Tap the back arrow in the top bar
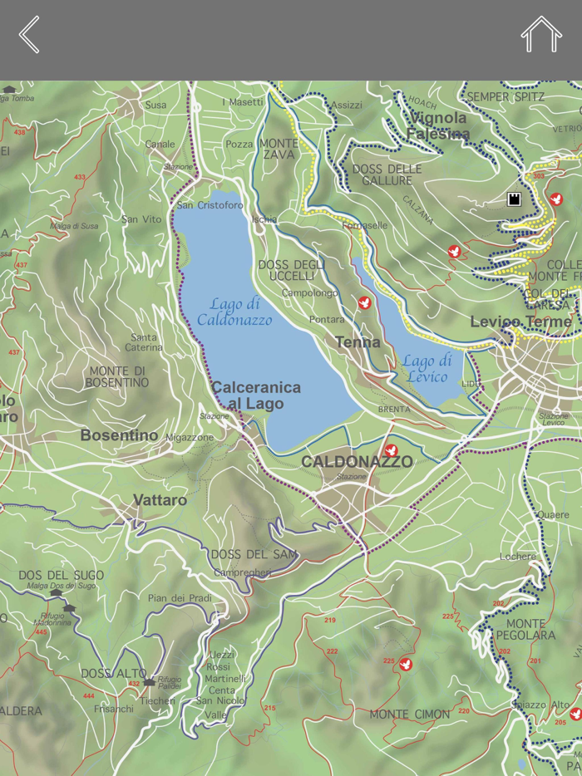pos(29,35)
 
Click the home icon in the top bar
pos(541,35)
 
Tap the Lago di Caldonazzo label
pos(234,312)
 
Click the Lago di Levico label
pos(427,368)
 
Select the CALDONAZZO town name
pos(357,461)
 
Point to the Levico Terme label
pos(520,322)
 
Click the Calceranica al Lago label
pos(256,395)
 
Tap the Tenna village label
pos(358,342)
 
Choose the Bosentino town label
pos(119,435)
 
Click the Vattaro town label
pos(160,500)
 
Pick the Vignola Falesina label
pos(439,125)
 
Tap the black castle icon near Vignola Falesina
pos(514,199)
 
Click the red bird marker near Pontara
pos(364,303)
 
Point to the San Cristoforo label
pos(210,205)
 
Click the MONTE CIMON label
pos(409,714)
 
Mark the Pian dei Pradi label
pos(180,598)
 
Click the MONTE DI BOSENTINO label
pos(117,376)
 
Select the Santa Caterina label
pos(143,342)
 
